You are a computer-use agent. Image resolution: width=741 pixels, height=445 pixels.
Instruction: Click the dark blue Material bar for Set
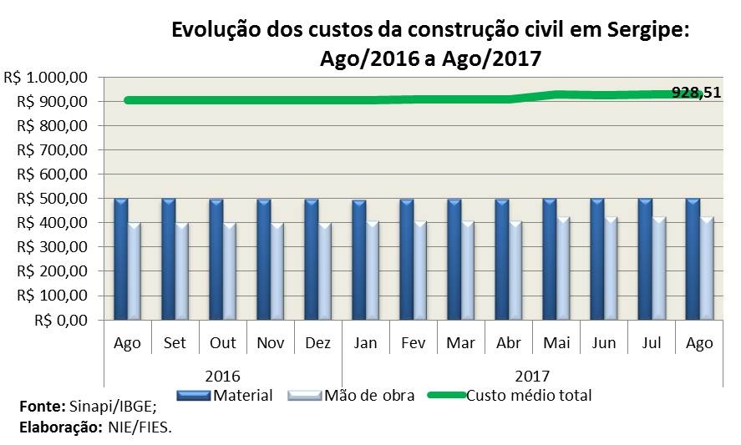click(169, 259)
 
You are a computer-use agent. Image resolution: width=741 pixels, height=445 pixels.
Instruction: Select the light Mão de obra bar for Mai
click(564, 269)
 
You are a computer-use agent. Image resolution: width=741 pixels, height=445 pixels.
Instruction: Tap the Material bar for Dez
click(312, 259)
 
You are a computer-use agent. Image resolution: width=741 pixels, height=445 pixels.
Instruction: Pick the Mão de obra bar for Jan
click(373, 271)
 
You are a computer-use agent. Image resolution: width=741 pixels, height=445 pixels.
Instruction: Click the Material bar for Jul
click(645, 259)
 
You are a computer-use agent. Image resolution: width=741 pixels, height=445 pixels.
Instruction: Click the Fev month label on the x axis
click(414, 344)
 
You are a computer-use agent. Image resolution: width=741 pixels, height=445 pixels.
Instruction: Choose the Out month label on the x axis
click(223, 344)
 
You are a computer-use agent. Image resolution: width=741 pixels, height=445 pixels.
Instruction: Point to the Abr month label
click(509, 344)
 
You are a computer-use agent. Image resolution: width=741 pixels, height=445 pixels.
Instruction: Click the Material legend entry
click(242, 396)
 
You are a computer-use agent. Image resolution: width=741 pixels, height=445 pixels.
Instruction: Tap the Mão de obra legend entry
click(368, 396)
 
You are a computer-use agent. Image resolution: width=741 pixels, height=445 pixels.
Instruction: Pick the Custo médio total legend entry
click(528, 396)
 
